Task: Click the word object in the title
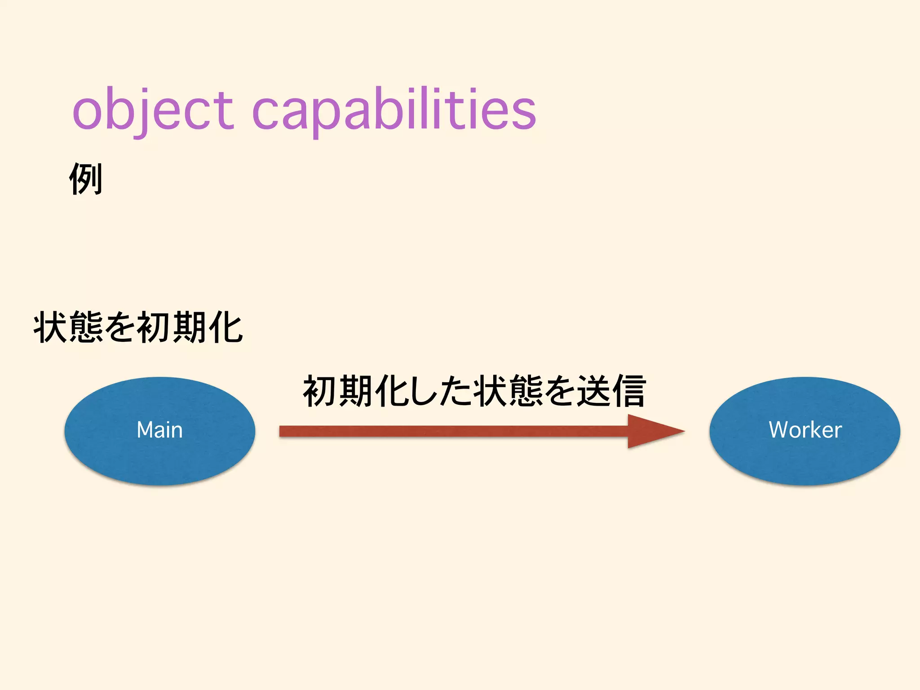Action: point(153,110)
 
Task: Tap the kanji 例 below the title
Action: point(86,179)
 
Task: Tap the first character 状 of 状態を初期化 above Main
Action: point(50,327)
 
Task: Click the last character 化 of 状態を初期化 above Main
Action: point(226,327)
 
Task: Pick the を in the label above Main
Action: point(120,327)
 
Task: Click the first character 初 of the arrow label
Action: point(320,391)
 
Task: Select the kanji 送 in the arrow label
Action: point(594,391)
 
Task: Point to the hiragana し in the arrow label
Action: point(422,391)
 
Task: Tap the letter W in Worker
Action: point(779,430)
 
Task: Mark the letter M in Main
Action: point(146,430)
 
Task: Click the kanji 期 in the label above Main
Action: point(190,327)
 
